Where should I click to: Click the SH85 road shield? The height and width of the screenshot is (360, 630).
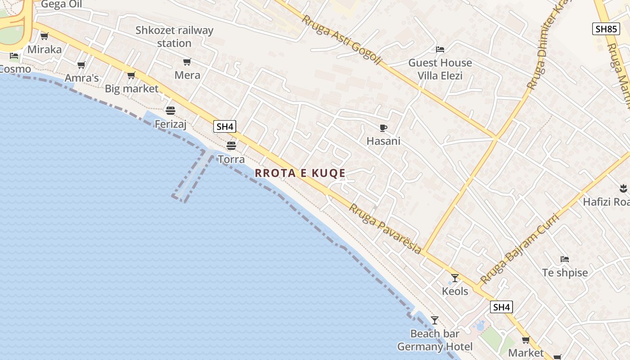[606, 29]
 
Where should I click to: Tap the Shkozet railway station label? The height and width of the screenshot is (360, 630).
[174, 37]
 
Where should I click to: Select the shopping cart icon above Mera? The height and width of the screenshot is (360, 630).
[187, 62]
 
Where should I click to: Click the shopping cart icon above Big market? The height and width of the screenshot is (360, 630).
[131, 75]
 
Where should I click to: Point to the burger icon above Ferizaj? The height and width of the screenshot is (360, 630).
[170, 110]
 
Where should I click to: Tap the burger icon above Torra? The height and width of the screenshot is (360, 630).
[231, 145]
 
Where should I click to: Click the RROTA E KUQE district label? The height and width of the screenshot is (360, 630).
[300, 173]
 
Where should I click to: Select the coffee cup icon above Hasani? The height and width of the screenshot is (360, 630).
[383, 128]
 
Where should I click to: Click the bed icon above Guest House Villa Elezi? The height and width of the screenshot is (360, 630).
[440, 49]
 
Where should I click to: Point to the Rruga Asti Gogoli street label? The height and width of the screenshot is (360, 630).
[342, 40]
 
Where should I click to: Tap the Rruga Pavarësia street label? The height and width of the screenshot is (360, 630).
[386, 229]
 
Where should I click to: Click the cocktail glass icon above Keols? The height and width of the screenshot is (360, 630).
[455, 278]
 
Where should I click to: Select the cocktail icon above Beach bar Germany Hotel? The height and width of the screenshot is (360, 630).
[434, 320]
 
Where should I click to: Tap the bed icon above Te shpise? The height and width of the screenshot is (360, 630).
[565, 259]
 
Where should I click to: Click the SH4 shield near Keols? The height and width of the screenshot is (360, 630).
[501, 307]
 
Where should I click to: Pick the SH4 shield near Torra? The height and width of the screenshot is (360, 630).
[225, 126]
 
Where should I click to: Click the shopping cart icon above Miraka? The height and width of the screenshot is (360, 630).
[44, 36]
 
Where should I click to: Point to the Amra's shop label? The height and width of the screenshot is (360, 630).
[81, 78]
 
